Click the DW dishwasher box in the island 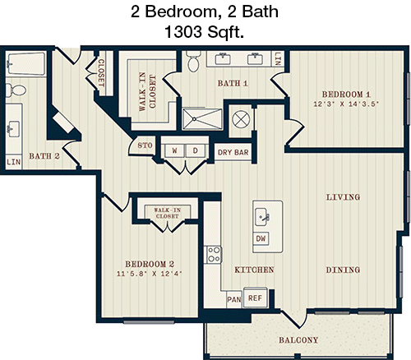click(x=261, y=238)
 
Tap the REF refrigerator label click(x=255, y=298)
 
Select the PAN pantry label click(x=234, y=299)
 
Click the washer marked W click(x=174, y=150)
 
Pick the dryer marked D click(x=195, y=150)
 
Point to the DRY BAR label click(x=233, y=152)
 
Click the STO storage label click(x=145, y=145)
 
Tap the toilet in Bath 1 click(x=193, y=61)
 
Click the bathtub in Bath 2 click(x=26, y=64)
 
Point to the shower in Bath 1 click(x=202, y=119)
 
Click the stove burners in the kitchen click(x=214, y=255)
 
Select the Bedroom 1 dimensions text click(x=346, y=104)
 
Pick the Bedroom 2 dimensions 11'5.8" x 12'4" click(x=150, y=274)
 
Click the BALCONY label click(x=298, y=340)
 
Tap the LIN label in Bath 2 click(x=13, y=162)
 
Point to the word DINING click(x=343, y=270)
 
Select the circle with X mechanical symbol click(x=241, y=119)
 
